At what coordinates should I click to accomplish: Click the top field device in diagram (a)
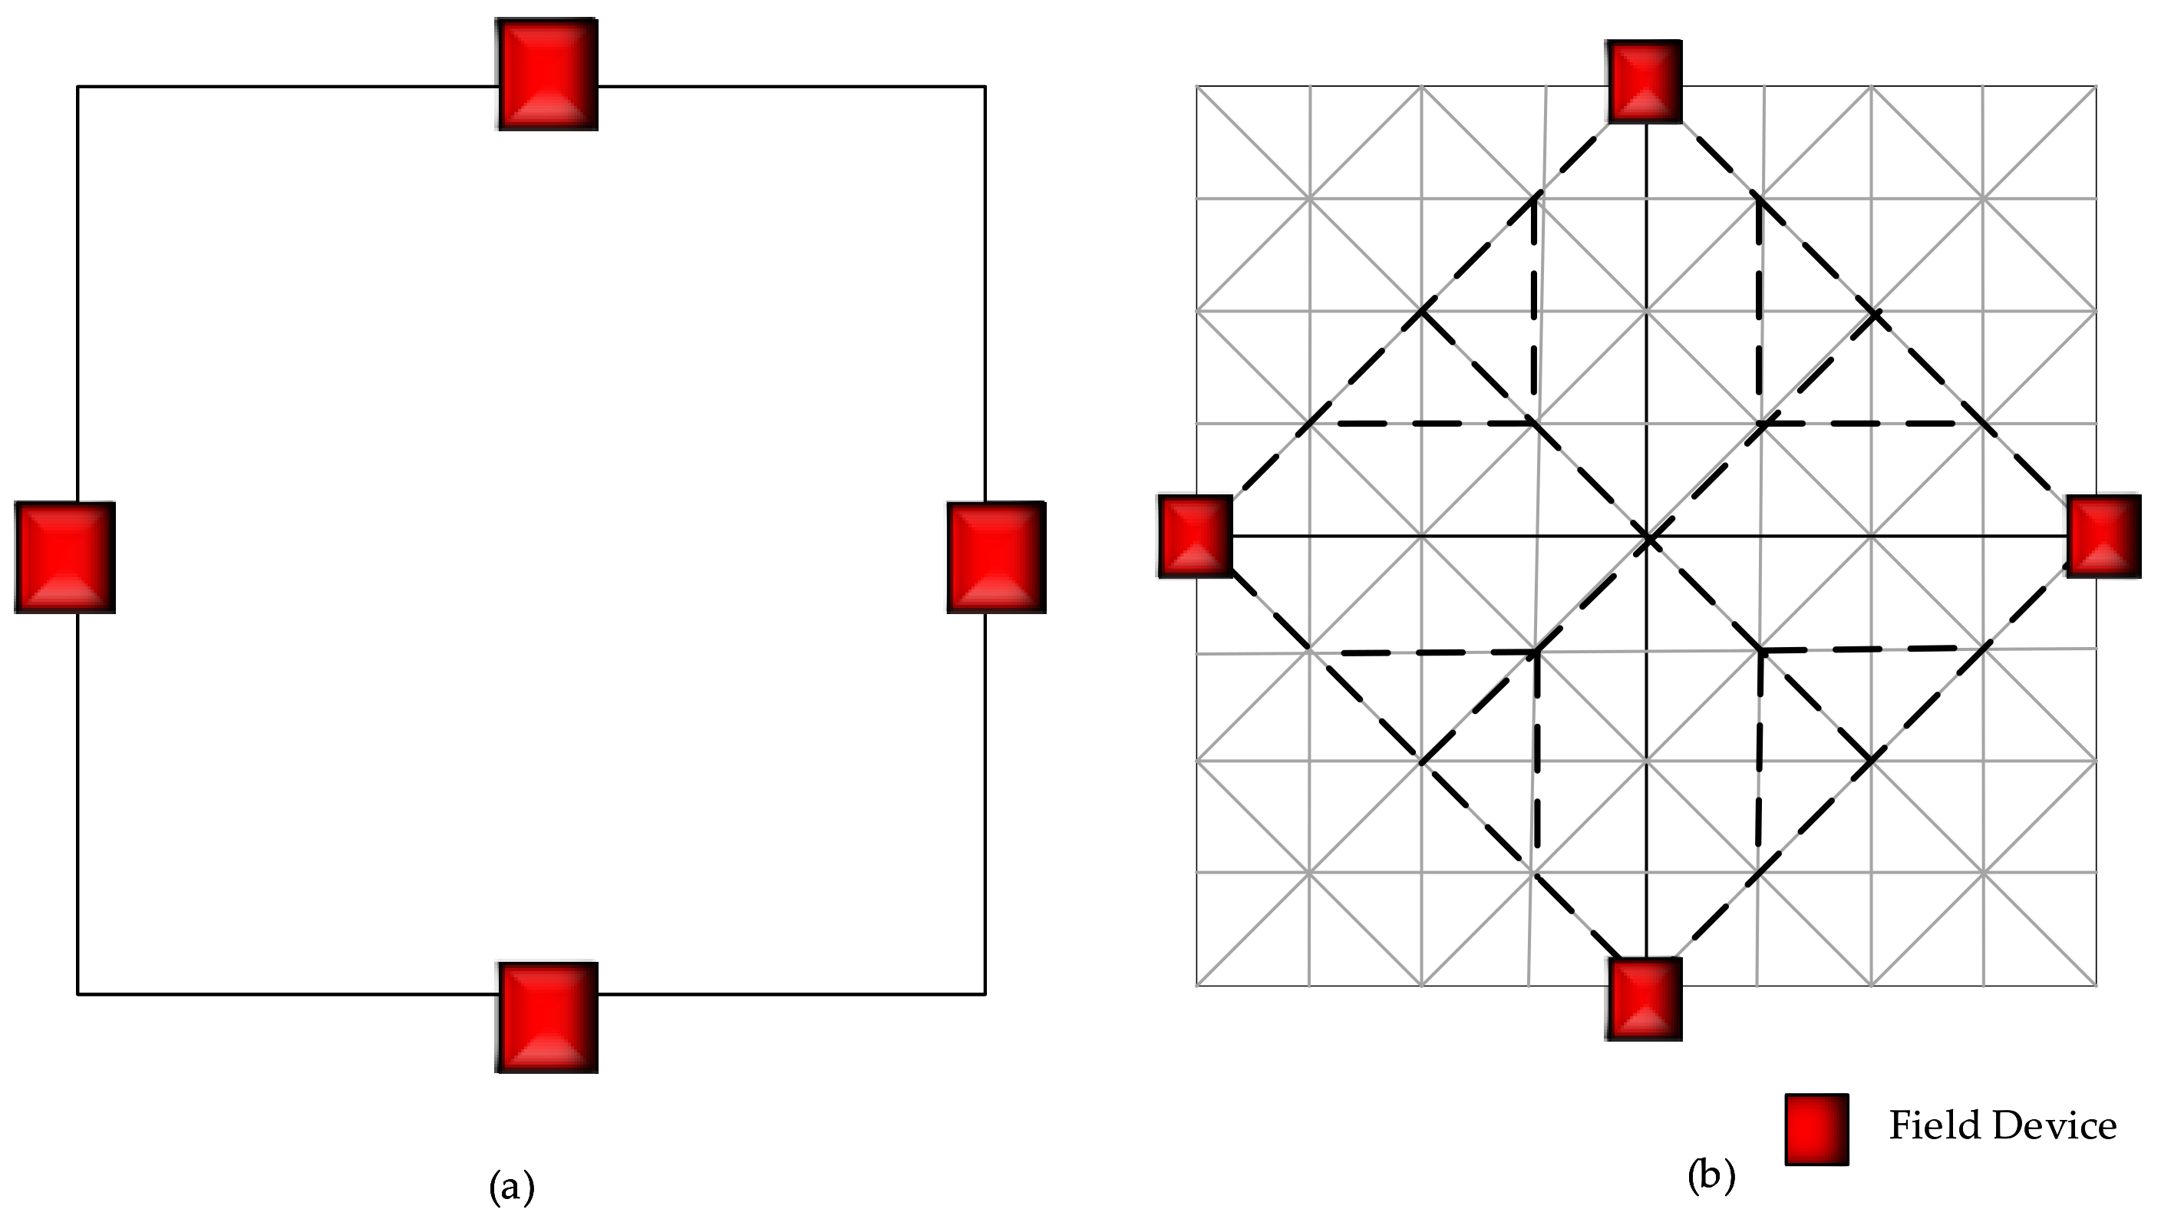(547, 74)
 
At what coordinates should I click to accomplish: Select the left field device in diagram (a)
(64, 557)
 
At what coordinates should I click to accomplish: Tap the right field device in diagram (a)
(997, 557)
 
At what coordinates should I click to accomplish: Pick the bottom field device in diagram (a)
(547, 1017)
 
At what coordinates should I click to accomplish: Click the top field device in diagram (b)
(1645, 81)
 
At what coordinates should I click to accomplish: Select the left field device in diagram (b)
(1196, 536)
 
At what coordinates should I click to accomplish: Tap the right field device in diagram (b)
(2103, 536)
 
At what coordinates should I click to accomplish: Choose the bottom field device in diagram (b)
(1645, 999)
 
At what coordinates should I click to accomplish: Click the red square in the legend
(1816, 1129)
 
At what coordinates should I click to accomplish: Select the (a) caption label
(512, 1186)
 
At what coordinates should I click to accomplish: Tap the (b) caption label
(1711, 1176)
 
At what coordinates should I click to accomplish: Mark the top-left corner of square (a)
(78, 87)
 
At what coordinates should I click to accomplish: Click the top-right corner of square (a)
(985, 87)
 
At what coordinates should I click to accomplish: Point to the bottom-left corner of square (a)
(78, 994)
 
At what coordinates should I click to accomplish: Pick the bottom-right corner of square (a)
(985, 994)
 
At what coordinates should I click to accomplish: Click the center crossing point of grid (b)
(1647, 536)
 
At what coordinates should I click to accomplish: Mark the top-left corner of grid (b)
(1196, 87)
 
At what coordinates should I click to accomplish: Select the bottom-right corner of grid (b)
(2096, 985)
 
